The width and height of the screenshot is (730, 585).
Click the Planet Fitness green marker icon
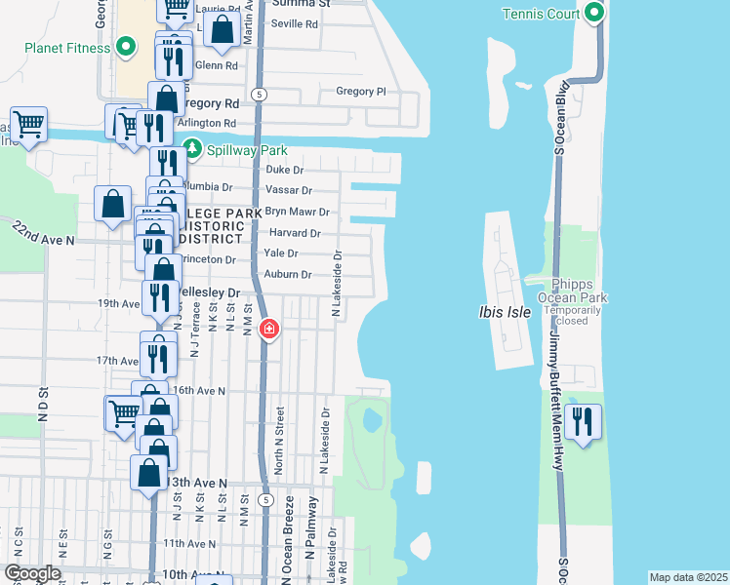(x=125, y=46)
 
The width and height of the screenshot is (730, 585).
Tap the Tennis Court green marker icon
(x=593, y=13)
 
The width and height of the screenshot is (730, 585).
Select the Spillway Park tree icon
(x=193, y=149)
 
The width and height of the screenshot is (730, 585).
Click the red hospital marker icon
(x=268, y=331)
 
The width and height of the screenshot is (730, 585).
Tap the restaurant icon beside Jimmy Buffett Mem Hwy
(x=583, y=423)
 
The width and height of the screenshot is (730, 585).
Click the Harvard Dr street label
(x=294, y=233)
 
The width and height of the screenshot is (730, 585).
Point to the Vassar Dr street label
(x=288, y=191)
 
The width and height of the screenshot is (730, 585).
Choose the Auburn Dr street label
(x=288, y=275)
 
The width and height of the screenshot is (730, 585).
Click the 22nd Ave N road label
(x=43, y=232)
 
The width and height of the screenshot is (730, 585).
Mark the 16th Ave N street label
(x=199, y=390)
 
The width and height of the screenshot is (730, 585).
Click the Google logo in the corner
(x=31, y=573)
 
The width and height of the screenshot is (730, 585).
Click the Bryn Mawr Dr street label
(x=298, y=212)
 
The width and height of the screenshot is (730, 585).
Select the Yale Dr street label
(x=280, y=253)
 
